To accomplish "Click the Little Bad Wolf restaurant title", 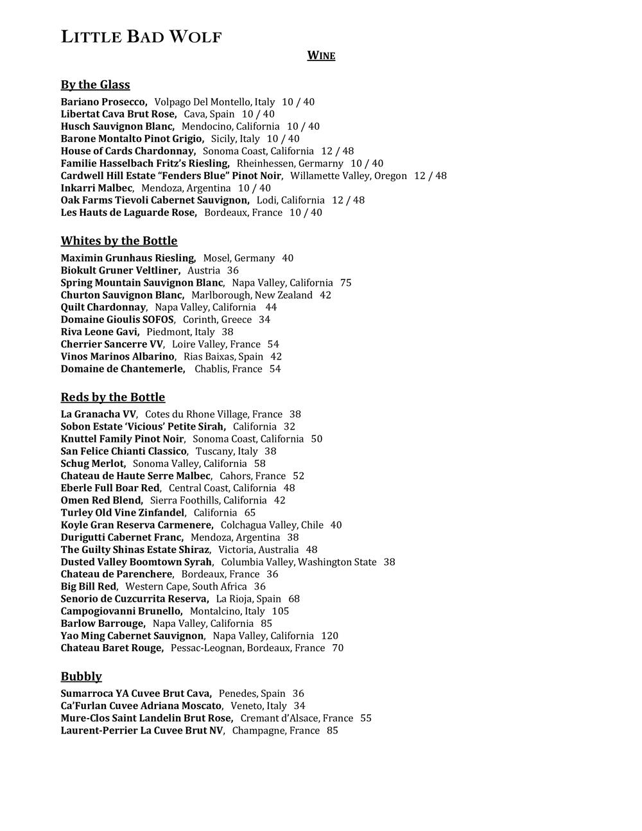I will (x=141, y=37).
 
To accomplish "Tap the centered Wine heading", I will (x=321, y=56).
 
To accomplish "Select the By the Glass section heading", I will (x=95, y=85).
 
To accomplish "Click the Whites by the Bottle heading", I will (x=119, y=241).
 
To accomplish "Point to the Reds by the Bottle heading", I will (x=113, y=397).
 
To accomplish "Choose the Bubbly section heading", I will (x=82, y=676).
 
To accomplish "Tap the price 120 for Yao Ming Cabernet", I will (x=329, y=636).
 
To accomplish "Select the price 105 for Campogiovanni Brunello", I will (x=281, y=611).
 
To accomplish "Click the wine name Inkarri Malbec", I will (x=97, y=188).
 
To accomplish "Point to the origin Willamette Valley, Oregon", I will (x=349, y=176).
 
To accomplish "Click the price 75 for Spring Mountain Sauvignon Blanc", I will (x=346, y=283).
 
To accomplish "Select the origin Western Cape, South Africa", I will (x=186, y=587).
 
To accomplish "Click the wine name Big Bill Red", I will (x=89, y=587).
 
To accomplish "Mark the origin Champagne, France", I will (x=276, y=731).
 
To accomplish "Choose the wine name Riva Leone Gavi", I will (x=100, y=332).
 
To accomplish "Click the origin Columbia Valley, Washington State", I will (x=299, y=563).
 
